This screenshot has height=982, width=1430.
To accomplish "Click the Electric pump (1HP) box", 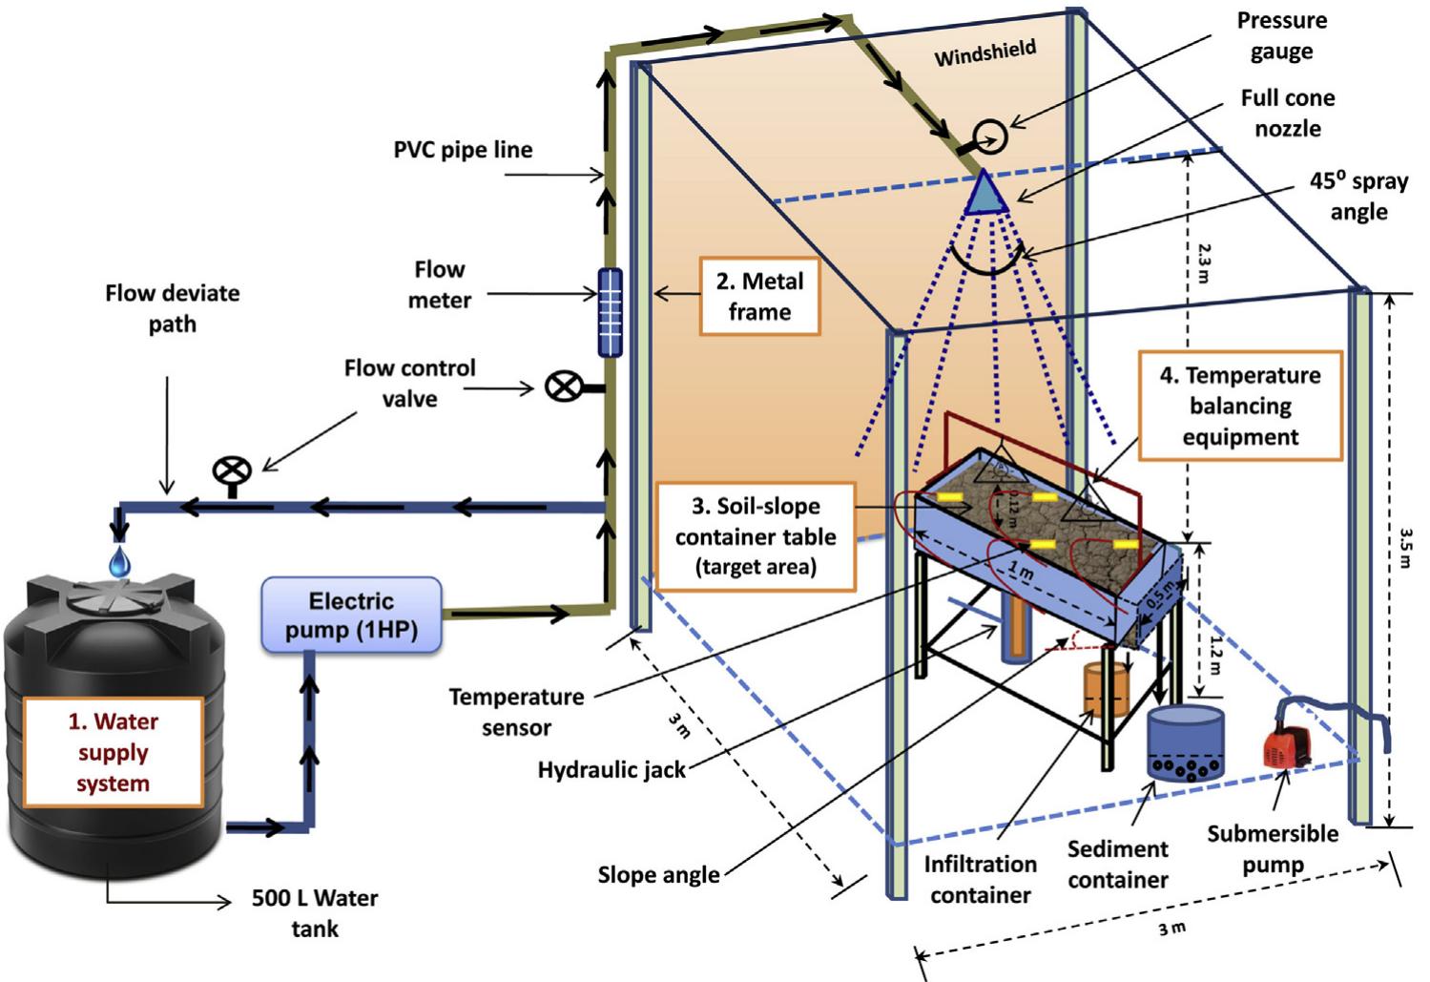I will point(351,616).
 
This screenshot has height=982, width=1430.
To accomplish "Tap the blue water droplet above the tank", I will point(118,560).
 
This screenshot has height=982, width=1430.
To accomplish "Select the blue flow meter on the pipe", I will point(610,312).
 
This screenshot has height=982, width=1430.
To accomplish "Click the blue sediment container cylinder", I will point(1184,741).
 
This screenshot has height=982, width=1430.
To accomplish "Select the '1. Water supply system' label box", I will point(114,752).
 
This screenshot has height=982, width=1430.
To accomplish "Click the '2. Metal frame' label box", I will point(759,296).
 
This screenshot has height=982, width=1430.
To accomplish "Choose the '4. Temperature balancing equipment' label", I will point(1239,406).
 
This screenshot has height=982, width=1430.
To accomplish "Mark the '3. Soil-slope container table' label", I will point(756,536).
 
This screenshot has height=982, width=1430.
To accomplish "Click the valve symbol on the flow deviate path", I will point(232,472).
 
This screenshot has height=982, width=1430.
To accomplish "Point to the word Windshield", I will point(984,53).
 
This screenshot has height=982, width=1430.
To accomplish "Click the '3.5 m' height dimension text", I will point(1405,549).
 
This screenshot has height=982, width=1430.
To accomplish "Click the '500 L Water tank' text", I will point(315,912).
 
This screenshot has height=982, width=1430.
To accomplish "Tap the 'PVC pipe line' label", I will point(463,150).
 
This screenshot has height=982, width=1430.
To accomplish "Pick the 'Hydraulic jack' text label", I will point(611,769).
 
